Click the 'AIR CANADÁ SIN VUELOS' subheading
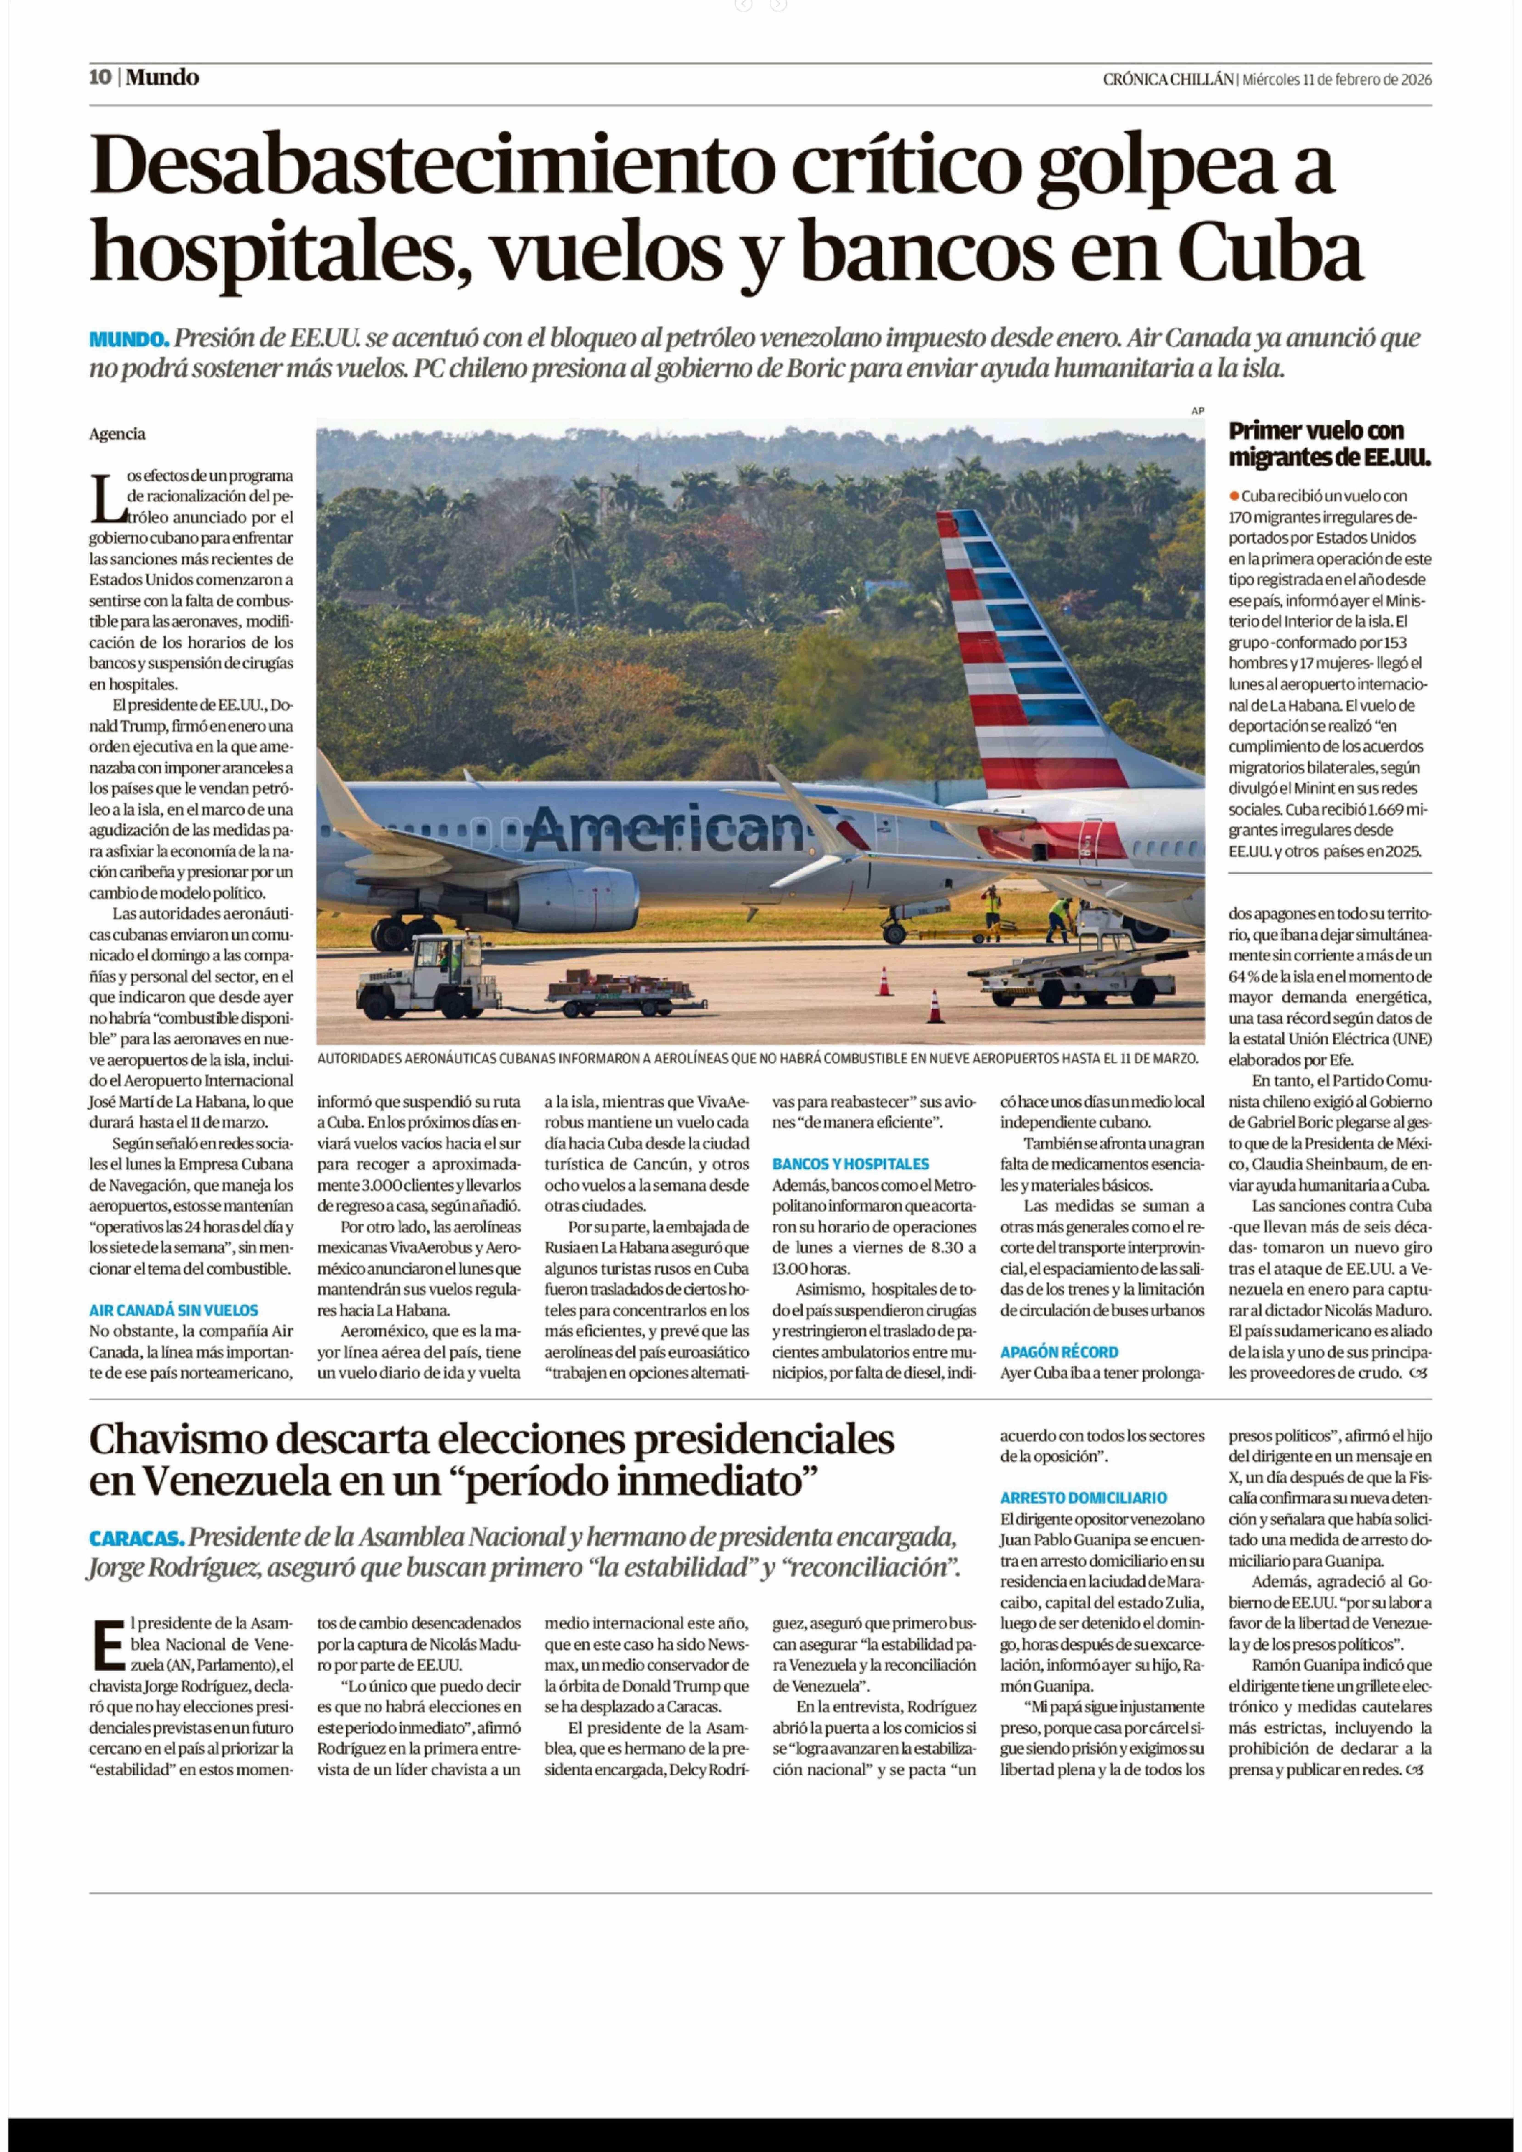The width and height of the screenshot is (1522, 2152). coord(173,1310)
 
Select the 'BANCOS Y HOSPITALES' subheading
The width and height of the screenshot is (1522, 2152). coord(850,1164)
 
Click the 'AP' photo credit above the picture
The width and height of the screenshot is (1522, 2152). coord(1197,410)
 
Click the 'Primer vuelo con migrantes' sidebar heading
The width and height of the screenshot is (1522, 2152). coord(1329,444)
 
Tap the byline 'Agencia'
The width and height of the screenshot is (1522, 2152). coord(117,434)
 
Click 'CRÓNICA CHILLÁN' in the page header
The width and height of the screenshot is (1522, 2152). coord(1168,80)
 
